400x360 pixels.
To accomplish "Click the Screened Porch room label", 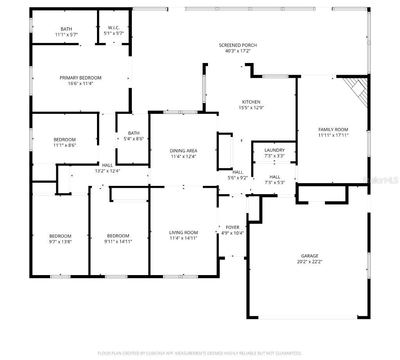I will [x=238, y=45].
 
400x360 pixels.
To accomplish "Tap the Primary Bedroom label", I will [x=80, y=78].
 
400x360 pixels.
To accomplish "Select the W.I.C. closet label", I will [x=114, y=28].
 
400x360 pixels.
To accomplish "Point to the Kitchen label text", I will [x=251, y=102].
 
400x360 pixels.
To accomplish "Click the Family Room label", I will [x=333, y=130].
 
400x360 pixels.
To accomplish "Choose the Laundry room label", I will [x=274, y=150].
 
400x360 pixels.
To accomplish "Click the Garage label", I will [x=309, y=256].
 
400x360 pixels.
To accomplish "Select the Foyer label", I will [x=233, y=227].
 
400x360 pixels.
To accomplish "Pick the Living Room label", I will [x=183, y=232].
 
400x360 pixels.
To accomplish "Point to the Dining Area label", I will [x=183, y=151].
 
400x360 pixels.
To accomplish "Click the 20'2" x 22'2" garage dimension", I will [x=309, y=261].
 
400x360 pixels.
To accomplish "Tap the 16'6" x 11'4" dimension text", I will [x=80, y=83].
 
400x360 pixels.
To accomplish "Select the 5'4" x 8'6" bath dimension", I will [x=133, y=139].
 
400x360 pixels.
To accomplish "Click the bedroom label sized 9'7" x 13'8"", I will [x=60, y=236].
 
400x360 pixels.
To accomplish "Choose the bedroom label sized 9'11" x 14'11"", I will [x=118, y=236].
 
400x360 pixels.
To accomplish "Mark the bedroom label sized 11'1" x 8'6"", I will [x=65, y=140].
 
